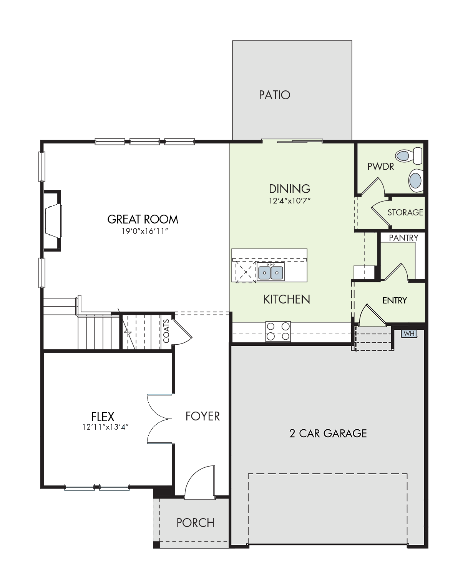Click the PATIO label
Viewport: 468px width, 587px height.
click(x=274, y=95)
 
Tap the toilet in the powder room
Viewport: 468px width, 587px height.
click(x=408, y=156)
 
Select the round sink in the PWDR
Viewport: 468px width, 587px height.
click(x=416, y=180)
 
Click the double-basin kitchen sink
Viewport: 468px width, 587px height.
click(x=271, y=272)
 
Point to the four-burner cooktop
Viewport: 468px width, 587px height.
click(x=278, y=332)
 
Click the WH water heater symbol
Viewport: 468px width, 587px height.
click(x=409, y=334)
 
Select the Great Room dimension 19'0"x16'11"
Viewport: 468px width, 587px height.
click(x=145, y=231)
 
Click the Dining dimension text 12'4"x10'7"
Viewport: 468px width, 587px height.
click(x=290, y=200)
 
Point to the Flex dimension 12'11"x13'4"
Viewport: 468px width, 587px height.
click(x=106, y=427)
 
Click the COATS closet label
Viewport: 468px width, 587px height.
click(x=166, y=331)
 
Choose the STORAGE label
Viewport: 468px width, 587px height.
click(x=405, y=212)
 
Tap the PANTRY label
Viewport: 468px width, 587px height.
click(x=403, y=238)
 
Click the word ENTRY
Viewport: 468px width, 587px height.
click(x=395, y=300)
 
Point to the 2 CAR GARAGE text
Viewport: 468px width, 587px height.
click(x=328, y=434)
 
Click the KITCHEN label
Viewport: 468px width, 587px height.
click(x=287, y=299)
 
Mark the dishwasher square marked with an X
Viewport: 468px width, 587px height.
click(x=246, y=272)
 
